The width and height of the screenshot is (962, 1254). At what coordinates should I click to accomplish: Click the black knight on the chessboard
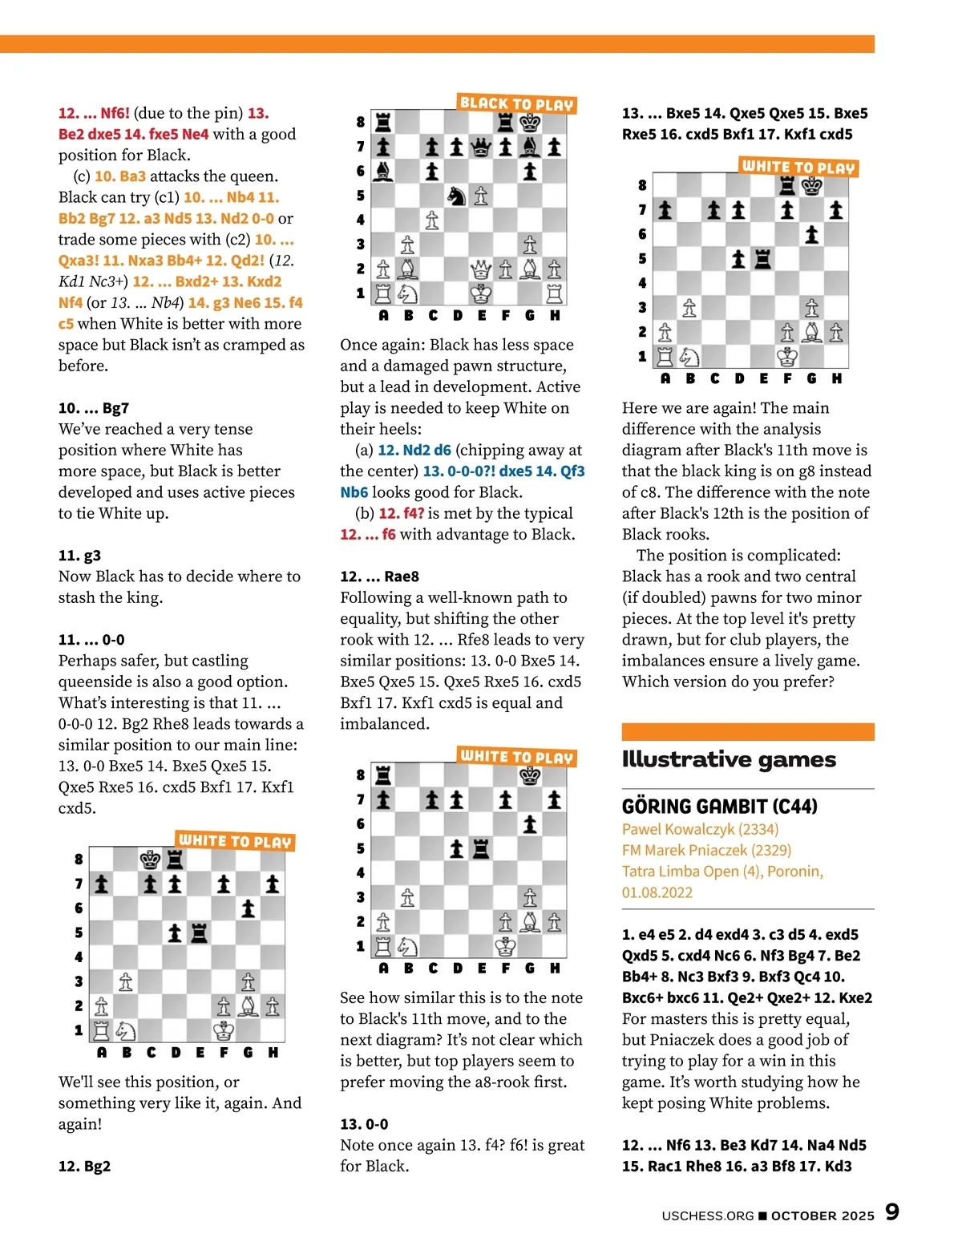coord(456,196)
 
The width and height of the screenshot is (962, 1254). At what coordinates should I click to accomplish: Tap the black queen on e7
coord(480,147)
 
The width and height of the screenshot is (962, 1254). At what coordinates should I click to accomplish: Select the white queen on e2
coord(480,269)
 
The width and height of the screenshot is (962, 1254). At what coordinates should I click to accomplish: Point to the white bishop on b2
coord(407,269)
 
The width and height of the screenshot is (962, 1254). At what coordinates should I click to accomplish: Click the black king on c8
coord(150,860)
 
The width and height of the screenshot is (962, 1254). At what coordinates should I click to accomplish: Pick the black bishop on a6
coord(383,171)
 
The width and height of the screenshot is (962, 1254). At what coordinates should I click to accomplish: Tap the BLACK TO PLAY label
coord(517,103)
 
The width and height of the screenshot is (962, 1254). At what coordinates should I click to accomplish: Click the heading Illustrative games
coord(728,759)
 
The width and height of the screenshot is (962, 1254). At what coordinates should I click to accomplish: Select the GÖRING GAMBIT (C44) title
coord(719,807)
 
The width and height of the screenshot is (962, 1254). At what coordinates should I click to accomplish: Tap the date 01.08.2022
coord(657,892)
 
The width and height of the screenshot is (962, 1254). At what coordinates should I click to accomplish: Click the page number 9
coord(891,1212)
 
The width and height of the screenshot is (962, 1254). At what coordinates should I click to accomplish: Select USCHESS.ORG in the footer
coord(707,1216)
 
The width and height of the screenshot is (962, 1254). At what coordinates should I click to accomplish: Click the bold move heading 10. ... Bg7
coord(94,408)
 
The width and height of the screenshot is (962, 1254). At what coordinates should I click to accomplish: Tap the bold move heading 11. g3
coord(79,556)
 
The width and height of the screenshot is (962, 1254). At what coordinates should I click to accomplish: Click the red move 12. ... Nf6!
coord(94,113)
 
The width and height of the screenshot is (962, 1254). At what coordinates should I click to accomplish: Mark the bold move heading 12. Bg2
coord(84,1167)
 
